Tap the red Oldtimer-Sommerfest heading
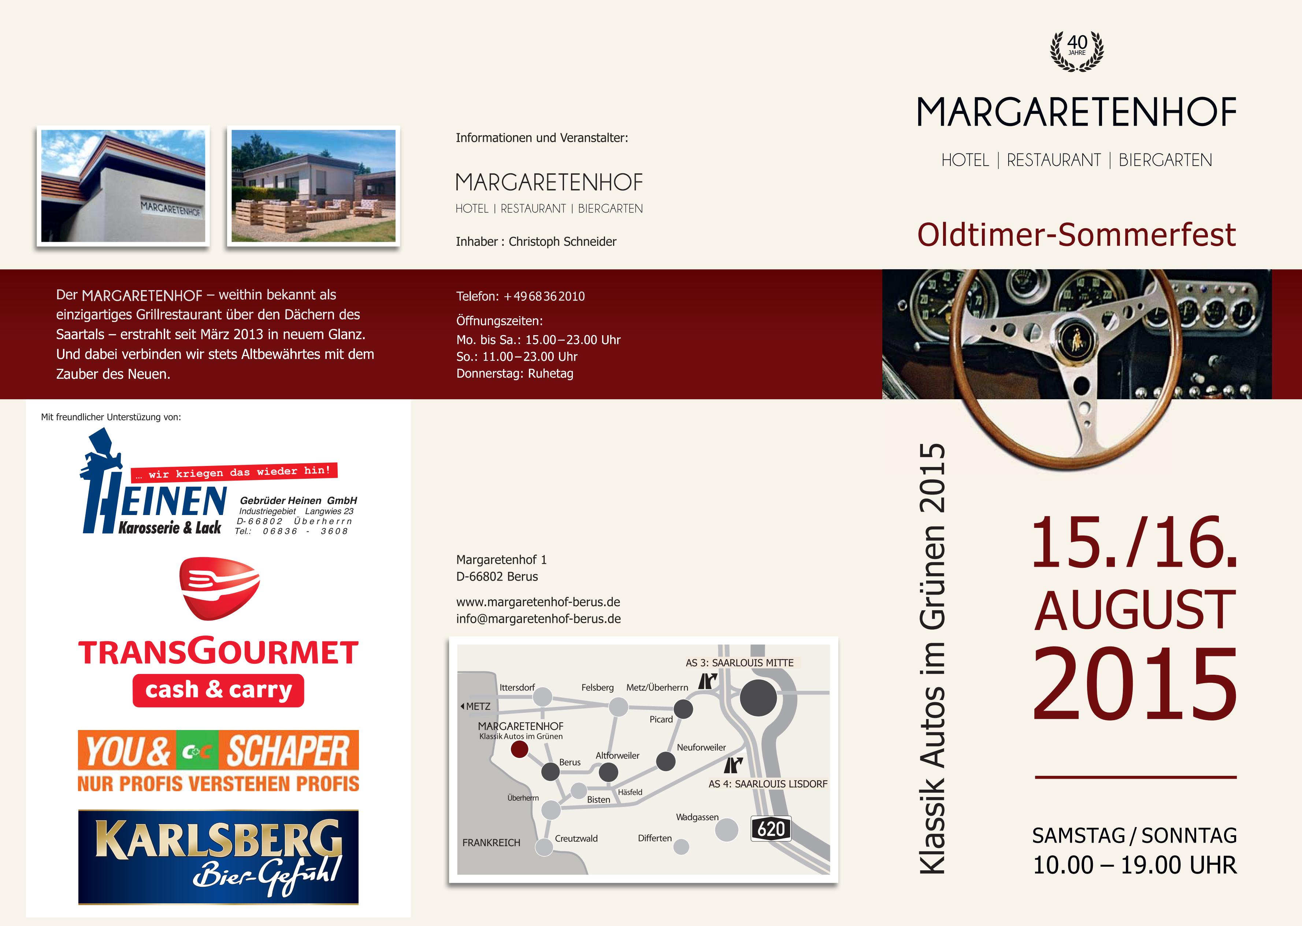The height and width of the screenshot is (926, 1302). pos(1076,234)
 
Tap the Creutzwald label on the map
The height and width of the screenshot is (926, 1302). pos(576,838)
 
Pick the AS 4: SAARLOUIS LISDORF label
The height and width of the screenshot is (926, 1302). pos(768,784)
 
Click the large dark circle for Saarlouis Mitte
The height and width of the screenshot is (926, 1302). pos(758,698)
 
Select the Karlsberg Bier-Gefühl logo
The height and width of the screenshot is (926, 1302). pos(218,857)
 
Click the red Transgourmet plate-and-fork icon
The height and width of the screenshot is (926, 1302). pos(219,588)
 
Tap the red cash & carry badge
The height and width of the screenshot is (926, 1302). pos(218,690)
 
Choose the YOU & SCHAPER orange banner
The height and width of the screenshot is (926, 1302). pos(218,761)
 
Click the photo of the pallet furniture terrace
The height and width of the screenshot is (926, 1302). pos(314,186)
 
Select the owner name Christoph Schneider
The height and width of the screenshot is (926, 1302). pos(562,242)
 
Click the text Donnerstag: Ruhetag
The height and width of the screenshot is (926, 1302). pos(515,374)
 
